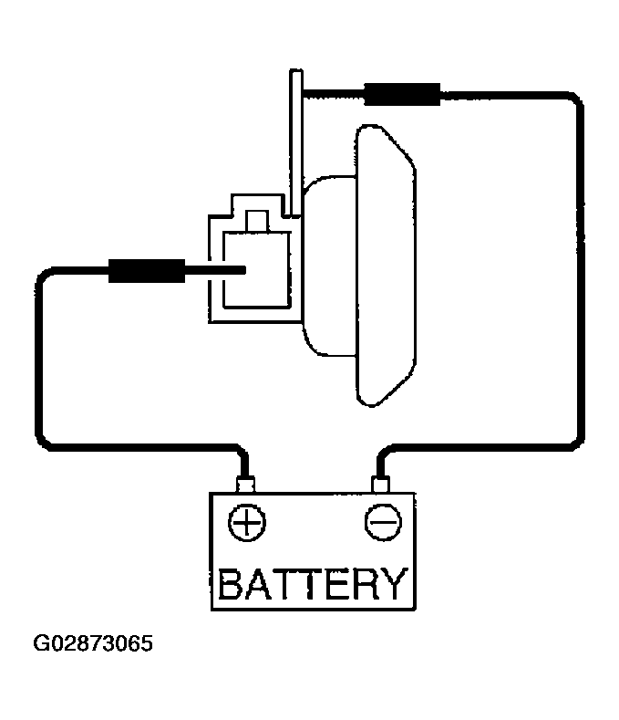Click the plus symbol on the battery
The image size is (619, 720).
pos(247,523)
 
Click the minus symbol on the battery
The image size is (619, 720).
pos(383,522)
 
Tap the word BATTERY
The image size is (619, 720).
pos(313,584)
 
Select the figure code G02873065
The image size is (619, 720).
pos(93,643)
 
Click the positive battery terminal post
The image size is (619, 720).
pos(245,485)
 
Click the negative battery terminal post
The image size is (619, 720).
pos(381,485)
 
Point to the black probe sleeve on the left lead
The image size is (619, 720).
pos(147,270)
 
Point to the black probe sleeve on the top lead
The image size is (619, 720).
pos(402,95)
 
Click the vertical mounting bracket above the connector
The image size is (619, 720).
pos(296,142)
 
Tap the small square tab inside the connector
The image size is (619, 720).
pos(257,222)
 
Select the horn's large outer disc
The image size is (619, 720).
pos(386,266)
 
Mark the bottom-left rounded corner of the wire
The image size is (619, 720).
pos(44,440)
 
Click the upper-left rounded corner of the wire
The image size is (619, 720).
pos(44,276)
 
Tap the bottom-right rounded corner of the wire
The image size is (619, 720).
pos(576,440)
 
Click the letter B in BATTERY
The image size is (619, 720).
pos(230,584)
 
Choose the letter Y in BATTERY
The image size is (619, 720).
pos(395,584)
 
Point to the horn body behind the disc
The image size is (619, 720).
pos(329,266)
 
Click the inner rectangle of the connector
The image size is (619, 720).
pos(257,269)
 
